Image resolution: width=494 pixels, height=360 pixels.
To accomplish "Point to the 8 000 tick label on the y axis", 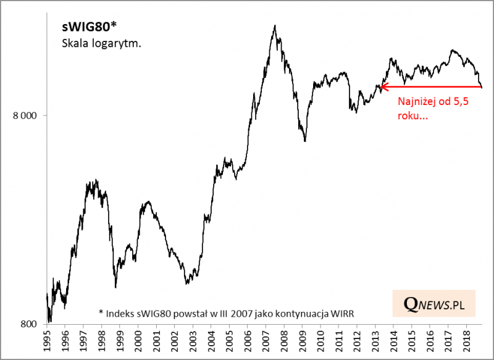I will [25, 115].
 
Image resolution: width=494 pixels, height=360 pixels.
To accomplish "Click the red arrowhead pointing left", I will [383, 88].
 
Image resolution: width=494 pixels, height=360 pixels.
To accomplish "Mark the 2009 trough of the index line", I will [304, 141].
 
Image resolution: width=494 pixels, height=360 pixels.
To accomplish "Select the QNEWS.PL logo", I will [433, 304].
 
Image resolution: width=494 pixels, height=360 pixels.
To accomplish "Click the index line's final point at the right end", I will [482, 87].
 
